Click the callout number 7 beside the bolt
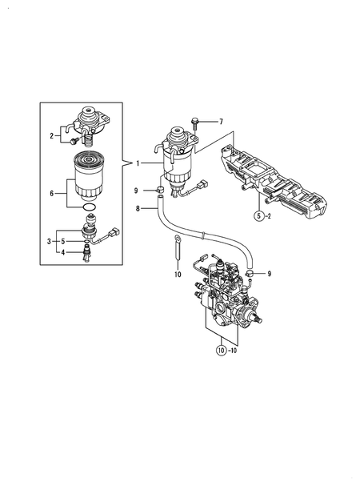[x=222, y=122]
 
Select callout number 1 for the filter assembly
[x=138, y=163]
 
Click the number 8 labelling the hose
[x=138, y=208]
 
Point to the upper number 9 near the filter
[x=138, y=190]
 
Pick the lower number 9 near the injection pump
[x=270, y=274]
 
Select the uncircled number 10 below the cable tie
[x=178, y=275]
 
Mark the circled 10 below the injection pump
[x=220, y=349]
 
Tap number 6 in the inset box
[x=53, y=193]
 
